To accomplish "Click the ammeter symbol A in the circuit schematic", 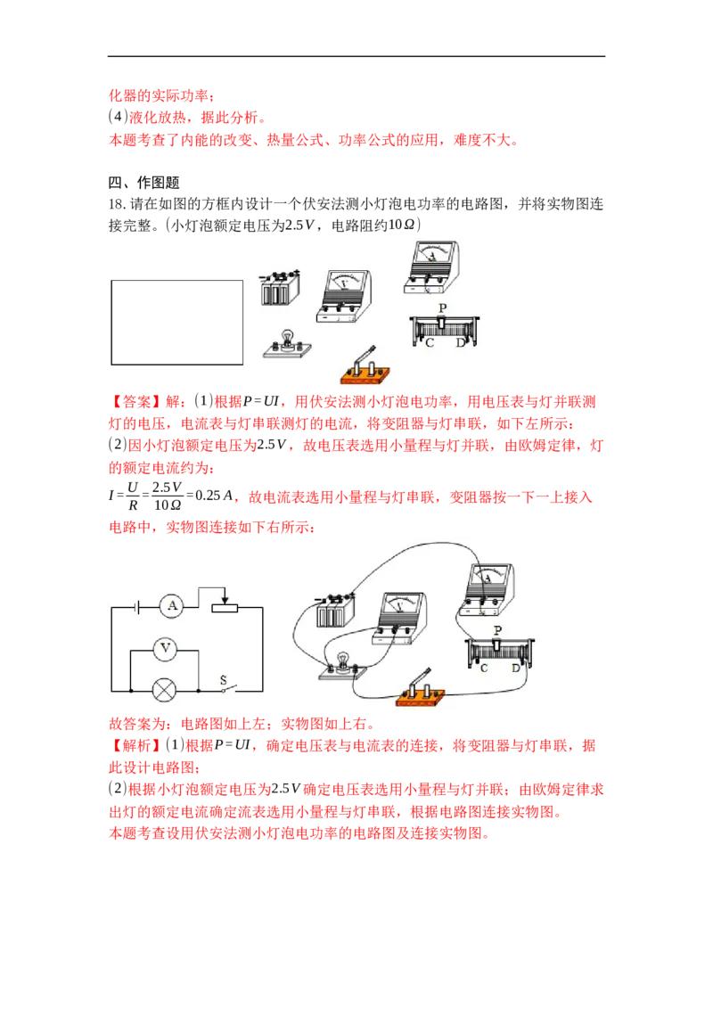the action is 172,606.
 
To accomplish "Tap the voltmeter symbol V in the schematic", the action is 166,649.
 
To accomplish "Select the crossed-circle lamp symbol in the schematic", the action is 164,691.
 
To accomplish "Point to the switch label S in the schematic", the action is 224,679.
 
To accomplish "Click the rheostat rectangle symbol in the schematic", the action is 225,607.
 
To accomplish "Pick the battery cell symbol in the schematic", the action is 137,606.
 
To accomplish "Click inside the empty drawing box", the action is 177,323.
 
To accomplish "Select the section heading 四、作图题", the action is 144,183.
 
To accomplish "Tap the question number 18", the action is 117,205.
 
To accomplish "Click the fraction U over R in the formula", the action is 133,496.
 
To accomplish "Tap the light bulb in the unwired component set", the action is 287,344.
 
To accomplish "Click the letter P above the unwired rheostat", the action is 442,308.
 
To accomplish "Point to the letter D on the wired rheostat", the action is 515,669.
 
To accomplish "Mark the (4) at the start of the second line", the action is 118,117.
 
